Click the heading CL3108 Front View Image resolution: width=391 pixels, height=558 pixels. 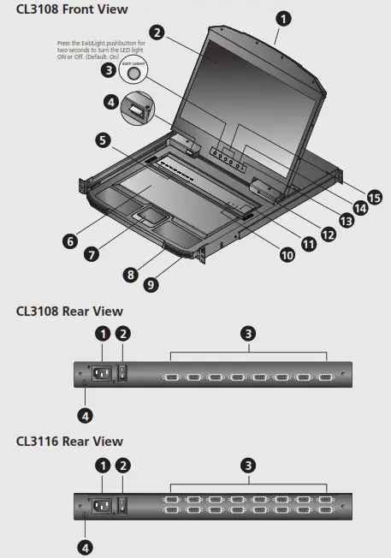(x=72, y=9)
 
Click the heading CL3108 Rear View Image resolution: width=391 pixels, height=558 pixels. (x=69, y=312)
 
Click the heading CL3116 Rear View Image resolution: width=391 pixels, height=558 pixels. (x=69, y=442)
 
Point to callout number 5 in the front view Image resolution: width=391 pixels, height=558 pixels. (x=103, y=139)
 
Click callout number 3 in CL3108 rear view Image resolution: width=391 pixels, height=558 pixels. (x=249, y=333)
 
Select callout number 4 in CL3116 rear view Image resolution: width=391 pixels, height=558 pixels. (x=86, y=546)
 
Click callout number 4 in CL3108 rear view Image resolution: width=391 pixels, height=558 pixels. (x=86, y=416)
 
